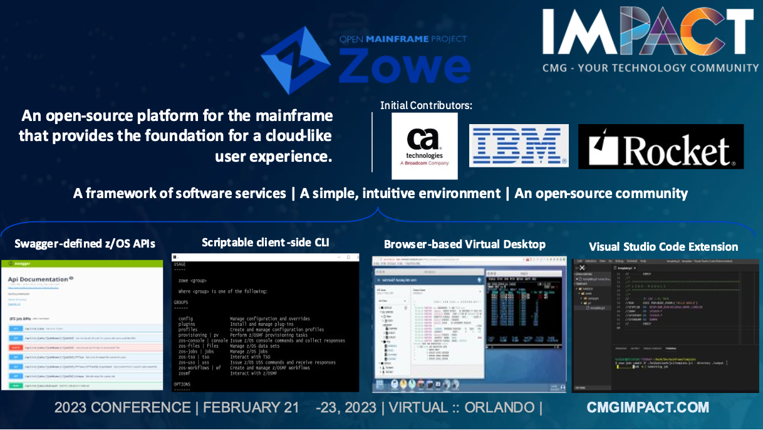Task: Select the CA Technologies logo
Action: pyautogui.click(x=424, y=145)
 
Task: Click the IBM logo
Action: pyautogui.click(x=519, y=145)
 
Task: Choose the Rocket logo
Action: pyautogui.click(x=660, y=147)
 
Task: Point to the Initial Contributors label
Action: pyautogui.click(x=426, y=105)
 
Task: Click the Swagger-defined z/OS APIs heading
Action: pyautogui.click(x=85, y=243)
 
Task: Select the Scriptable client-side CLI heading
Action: pyautogui.click(x=265, y=242)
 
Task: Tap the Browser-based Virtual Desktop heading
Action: pyautogui.click(x=464, y=244)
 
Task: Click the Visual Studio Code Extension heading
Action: pyautogui.click(x=663, y=246)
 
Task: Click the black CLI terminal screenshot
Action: pyautogui.click(x=266, y=323)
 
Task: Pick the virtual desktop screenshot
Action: pyautogui.click(x=469, y=324)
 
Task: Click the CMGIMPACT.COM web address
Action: pyautogui.click(x=648, y=407)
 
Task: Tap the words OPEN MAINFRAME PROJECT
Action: pyautogui.click(x=403, y=39)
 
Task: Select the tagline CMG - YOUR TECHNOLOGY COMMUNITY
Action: pyautogui.click(x=650, y=68)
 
